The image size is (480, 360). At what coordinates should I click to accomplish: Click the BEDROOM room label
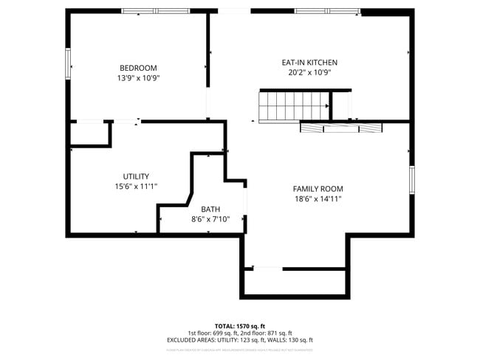(137, 68)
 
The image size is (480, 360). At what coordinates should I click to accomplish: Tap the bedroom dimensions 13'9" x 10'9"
(137, 77)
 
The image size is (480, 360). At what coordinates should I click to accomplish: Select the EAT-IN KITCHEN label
(309, 63)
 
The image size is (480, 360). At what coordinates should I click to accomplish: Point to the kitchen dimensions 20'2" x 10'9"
(309, 72)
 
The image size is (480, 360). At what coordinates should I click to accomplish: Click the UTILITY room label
(136, 176)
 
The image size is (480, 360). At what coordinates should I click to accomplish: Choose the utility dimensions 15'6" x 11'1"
(136, 187)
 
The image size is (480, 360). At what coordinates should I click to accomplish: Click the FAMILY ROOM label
(318, 189)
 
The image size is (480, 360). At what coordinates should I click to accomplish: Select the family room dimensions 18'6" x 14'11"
(318, 199)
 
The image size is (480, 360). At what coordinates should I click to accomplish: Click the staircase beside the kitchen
(293, 105)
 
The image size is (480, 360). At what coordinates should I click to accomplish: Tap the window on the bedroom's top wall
(156, 11)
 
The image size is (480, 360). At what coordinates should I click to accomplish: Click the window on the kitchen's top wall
(327, 11)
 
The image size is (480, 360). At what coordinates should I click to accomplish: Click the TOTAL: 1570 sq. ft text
(239, 325)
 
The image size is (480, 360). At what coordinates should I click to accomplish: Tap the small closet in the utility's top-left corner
(89, 134)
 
